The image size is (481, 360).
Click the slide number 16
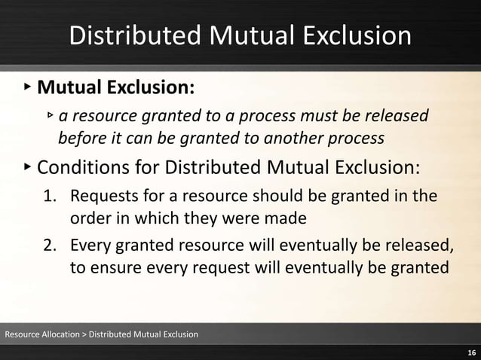(x=471, y=352)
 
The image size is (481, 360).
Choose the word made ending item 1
(x=286, y=219)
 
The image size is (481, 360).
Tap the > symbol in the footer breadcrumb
(x=83, y=334)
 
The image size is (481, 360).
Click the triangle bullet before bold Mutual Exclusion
(x=27, y=88)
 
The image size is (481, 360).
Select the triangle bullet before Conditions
(x=27, y=164)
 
